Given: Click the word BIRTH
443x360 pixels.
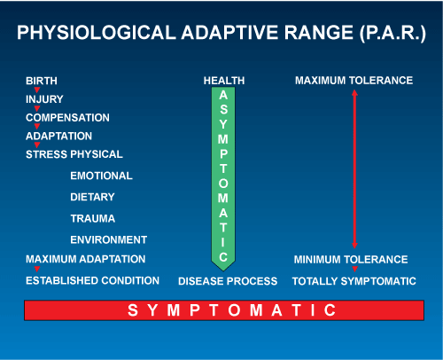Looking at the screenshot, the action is pos(42,81).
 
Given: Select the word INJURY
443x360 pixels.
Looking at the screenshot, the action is pos(44,99).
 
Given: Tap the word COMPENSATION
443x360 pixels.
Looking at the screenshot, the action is pos(67,118).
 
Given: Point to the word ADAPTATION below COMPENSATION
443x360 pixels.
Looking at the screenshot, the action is pos(58,136).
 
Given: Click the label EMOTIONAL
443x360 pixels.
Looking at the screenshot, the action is pos(101,176).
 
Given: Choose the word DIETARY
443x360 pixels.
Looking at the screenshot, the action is pos(92,197).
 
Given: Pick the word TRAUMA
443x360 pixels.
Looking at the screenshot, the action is pos(93,218).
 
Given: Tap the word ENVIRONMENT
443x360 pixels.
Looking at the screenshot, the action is pos(109,239).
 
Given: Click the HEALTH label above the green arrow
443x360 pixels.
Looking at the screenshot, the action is pos(224,81).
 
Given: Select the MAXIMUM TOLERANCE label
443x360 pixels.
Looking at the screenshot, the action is pos(354,81).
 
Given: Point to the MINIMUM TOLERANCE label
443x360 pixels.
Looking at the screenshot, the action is pos(351,260).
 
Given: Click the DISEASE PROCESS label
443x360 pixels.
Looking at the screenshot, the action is pos(228,281).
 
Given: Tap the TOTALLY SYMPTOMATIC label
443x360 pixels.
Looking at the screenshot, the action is pos(354,281).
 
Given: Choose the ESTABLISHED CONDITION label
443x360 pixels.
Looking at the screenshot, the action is pos(92,280).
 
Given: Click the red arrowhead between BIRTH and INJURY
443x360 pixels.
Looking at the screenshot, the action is pos(37,90).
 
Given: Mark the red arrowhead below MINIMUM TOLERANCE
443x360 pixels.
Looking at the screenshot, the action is pos(355,269).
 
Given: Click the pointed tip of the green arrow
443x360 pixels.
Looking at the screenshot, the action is pos(223,270).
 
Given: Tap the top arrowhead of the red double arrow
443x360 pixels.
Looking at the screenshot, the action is pos(355,92).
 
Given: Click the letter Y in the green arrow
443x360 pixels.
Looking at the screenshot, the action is pos(223,124).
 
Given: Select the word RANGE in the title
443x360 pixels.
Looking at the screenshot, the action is pos(319,32).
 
